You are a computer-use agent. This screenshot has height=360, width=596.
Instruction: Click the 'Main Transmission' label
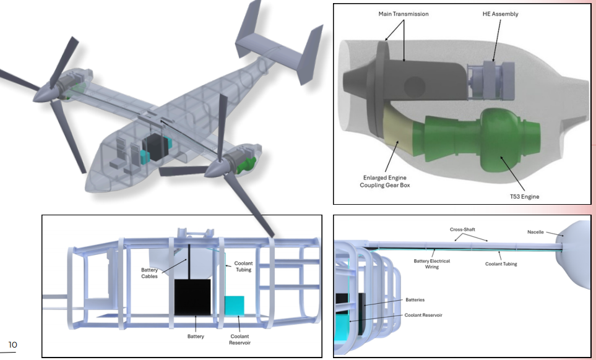click(x=404, y=14)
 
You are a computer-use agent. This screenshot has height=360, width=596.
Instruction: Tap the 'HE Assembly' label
click(x=500, y=14)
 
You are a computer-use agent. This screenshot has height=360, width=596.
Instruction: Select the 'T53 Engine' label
click(x=525, y=196)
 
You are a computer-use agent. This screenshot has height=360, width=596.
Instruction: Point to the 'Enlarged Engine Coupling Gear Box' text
click(x=385, y=181)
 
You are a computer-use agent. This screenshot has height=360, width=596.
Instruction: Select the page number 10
click(x=12, y=345)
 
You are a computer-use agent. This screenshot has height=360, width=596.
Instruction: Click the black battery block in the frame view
click(x=192, y=298)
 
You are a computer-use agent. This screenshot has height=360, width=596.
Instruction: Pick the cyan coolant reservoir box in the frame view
click(x=234, y=306)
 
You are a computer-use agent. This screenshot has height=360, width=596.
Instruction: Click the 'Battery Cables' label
click(x=149, y=273)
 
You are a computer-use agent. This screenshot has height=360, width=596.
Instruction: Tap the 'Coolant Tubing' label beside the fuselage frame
click(x=243, y=266)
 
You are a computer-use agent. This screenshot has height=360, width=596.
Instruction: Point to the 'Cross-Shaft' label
click(x=462, y=229)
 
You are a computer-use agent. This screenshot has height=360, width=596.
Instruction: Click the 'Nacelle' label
click(x=535, y=232)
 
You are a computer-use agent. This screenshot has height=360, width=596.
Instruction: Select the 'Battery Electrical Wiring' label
click(x=432, y=264)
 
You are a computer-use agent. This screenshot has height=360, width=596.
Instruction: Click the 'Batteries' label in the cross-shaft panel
click(x=415, y=299)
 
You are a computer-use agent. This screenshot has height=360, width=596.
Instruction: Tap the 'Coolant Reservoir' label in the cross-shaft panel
click(x=423, y=315)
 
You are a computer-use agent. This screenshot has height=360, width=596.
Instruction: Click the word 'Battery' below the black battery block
click(x=196, y=336)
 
